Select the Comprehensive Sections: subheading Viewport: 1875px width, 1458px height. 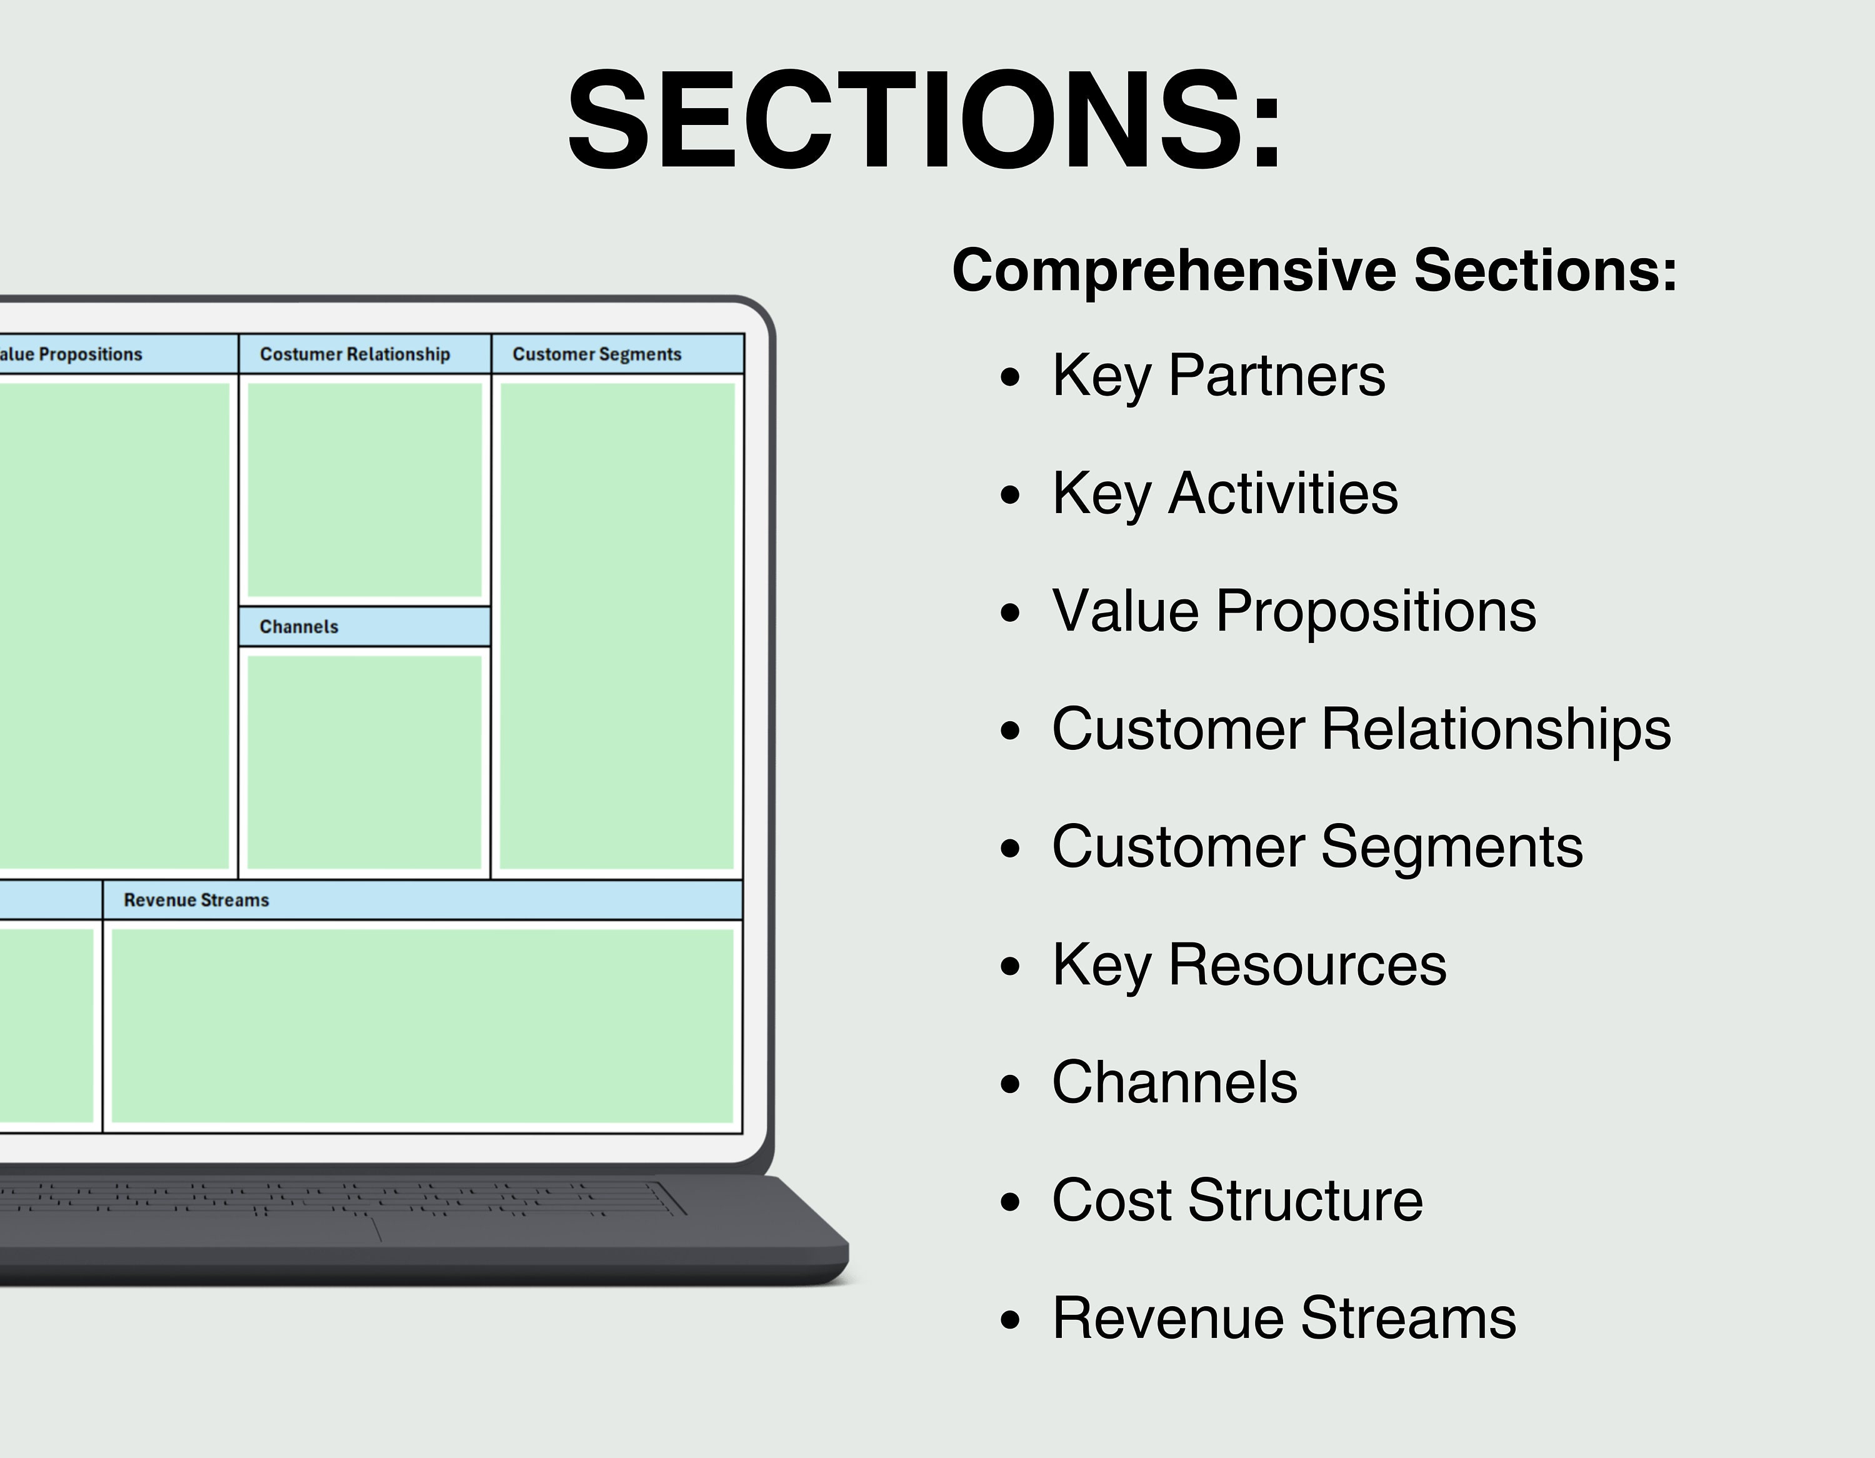click(1314, 271)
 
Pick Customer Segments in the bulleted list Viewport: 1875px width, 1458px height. click(1317, 847)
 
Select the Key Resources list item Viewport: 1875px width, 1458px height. click(1249, 964)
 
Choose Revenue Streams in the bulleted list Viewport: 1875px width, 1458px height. click(1284, 1318)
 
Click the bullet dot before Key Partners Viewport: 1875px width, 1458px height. click(1011, 378)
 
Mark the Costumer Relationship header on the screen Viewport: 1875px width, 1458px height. click(354, 354)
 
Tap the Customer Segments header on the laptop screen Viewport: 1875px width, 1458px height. click(597, 354)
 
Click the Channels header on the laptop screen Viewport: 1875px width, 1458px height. click(299, 627)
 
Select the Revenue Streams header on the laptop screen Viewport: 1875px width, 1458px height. click(197, 900)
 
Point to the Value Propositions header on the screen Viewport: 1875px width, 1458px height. click(73, 354)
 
